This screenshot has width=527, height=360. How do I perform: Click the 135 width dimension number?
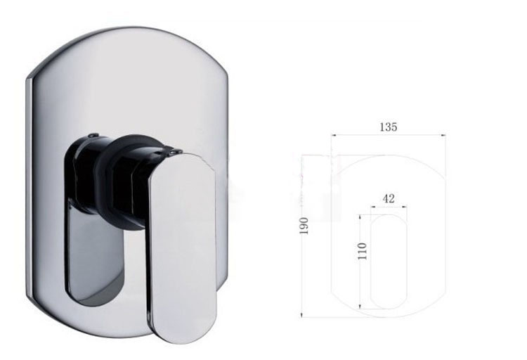click(389, 127)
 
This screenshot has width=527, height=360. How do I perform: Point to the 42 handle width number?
click(389, 199)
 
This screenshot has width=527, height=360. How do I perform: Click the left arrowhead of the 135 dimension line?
click(334, 135)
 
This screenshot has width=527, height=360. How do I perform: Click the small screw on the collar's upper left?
click(91, 134)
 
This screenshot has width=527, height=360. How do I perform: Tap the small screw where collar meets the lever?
click(174, 149)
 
